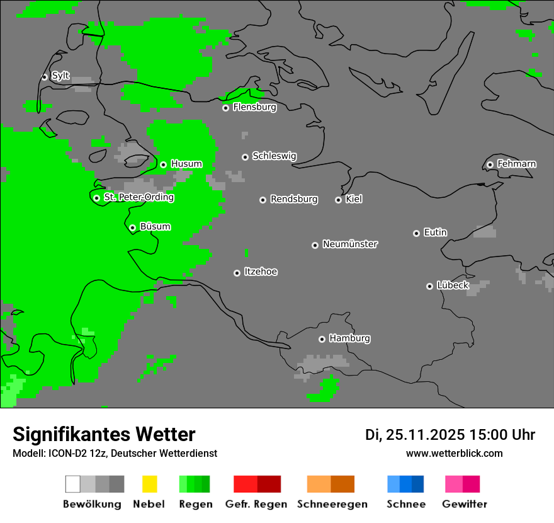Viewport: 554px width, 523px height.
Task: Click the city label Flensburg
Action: click(x=254, y=107)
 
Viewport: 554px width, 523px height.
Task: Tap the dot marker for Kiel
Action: click(x=338, y=200)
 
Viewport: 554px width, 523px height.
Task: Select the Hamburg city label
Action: click(x=349, y=338)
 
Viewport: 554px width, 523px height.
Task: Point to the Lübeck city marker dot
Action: click(x=429, y=286)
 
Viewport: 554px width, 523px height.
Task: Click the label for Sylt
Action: click(x=60, y=76)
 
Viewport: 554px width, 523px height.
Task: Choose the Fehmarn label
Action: click(x=516, y=164)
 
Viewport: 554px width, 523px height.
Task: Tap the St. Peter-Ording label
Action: click(x=138, y=197)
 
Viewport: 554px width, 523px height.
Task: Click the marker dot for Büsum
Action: click(x=132, y=227)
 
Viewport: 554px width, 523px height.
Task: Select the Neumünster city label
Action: click(x=350, y=244)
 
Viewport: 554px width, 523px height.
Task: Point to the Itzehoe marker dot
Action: click(x=237, y=273)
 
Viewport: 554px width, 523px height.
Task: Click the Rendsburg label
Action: click(x=294, y=199)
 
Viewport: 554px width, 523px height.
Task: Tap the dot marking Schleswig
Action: click(x=245, y=157)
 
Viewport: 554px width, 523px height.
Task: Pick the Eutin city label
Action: click(x=435, y=233)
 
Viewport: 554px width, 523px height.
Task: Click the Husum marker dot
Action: click(x=163, y=164)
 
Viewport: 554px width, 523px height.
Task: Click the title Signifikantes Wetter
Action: click(x=104, y=434)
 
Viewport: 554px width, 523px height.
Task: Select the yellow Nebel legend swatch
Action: click(x=149, y=484)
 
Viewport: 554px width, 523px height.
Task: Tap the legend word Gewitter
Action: click(x=465, y=504)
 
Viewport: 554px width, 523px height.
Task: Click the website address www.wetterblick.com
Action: click(x=454, y=453)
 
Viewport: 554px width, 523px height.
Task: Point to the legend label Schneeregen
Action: click(x=332, y=504)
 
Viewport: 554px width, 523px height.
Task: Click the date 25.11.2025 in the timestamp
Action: click(x=425, y=435)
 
